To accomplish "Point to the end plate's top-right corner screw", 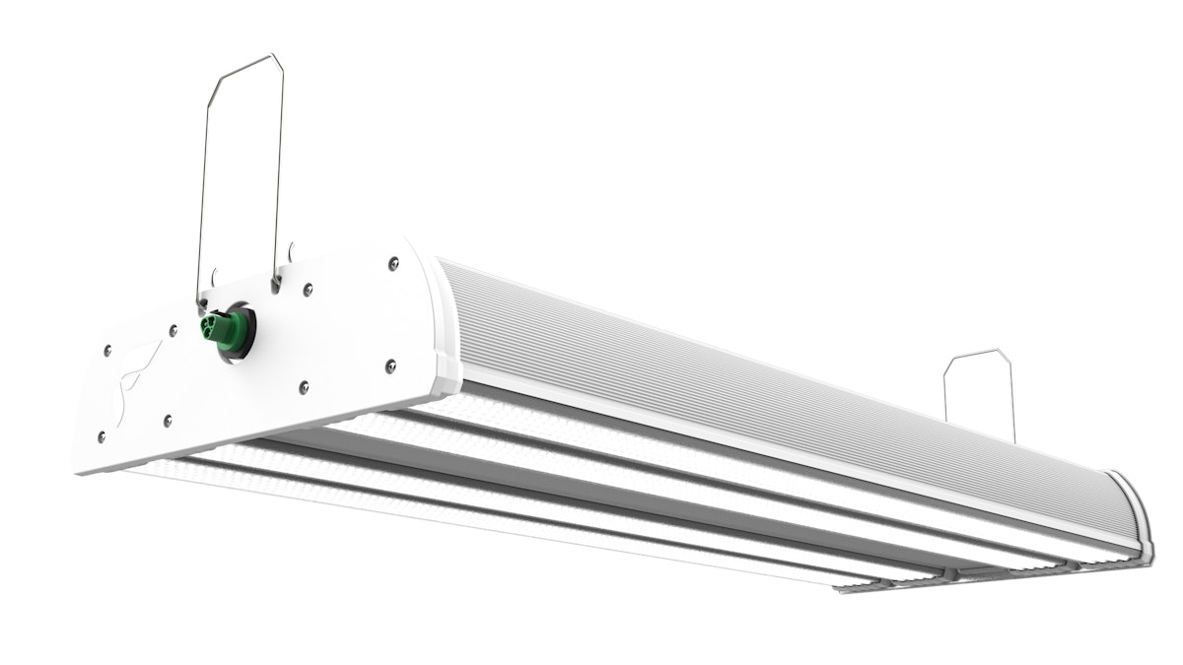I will (393, 262).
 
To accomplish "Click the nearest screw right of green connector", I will (308, 290).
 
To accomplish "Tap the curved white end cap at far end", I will (1134, 512).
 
